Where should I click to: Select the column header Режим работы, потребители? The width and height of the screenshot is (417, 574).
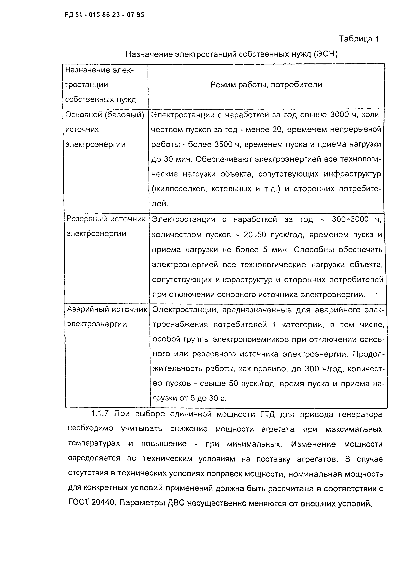pos(266,85)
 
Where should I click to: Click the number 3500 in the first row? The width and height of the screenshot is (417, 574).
pos(226,144)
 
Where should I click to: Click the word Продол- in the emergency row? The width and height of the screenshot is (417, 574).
pos(368,354)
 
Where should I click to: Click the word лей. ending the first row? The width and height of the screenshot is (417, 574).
pos(160,203)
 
